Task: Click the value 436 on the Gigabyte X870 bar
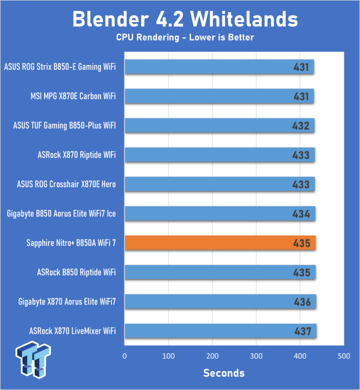click(303, 302)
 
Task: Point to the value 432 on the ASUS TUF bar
click(302, 126)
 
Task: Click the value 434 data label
click(302, 214)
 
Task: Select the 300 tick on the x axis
click(256, 355)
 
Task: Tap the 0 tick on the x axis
click(124, 355)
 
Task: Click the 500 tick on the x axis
click(344, 355)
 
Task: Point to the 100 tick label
click(168, 355)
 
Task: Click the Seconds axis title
click(224, 373)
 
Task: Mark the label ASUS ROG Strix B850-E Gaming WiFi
click(60, 67)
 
